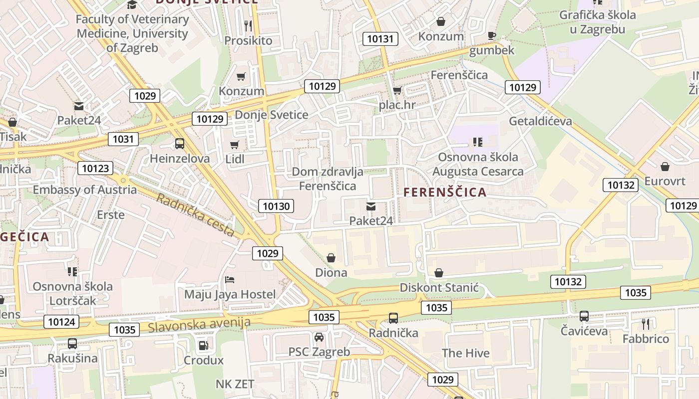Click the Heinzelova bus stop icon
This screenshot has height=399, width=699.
180,144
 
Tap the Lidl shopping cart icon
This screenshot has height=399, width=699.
234,145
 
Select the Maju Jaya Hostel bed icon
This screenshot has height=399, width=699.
230,279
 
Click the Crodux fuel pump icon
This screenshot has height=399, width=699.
203,345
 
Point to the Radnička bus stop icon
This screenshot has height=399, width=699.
393,318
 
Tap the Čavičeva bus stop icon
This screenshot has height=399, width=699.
584,316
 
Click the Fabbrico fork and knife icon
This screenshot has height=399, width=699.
646,324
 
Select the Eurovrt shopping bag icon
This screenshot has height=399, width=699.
665,166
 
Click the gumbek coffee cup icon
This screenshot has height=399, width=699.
492,35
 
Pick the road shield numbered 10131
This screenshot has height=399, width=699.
380,38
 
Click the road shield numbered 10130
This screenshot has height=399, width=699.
276,206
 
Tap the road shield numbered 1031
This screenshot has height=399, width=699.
123,139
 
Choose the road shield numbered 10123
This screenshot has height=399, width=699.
95,168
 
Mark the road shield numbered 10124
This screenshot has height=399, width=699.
61,322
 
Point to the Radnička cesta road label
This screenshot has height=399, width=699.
195,215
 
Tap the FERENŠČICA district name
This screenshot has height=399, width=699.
445,192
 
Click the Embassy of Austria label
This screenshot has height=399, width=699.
84,190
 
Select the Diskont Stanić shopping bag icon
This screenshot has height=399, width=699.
439,273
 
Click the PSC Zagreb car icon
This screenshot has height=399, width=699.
319,337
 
